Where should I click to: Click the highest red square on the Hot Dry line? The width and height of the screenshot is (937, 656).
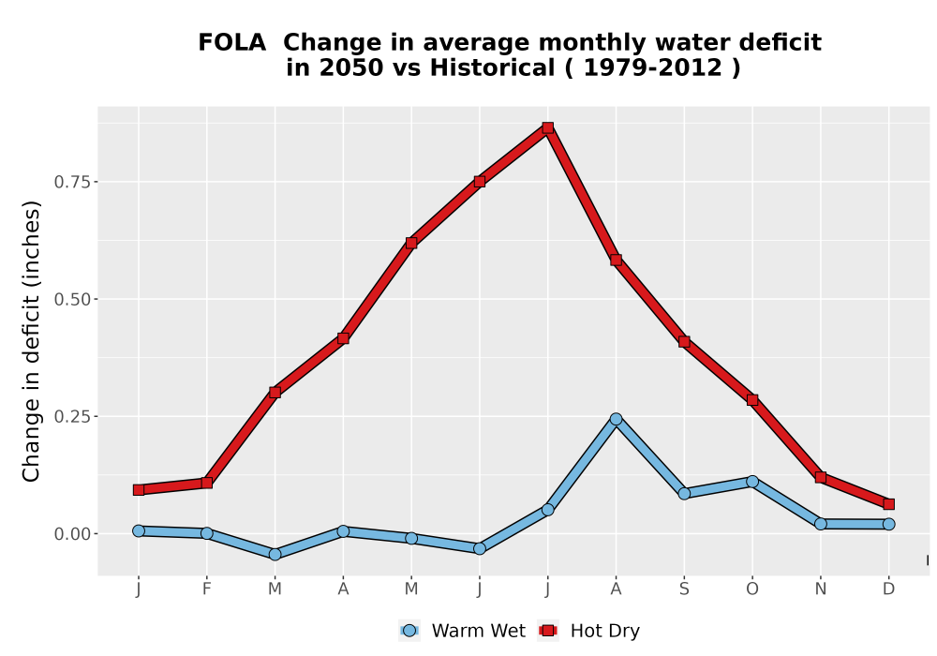(548, 127)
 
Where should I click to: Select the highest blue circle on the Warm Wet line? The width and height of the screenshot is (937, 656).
(617, 420)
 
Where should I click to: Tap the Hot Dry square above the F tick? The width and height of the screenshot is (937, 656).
(207, 483)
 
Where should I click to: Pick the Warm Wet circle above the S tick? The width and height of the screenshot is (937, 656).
(684, 494)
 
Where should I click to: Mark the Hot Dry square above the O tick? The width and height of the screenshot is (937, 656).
(752, 400)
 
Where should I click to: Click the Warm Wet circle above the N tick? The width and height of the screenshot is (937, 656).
(821, 524)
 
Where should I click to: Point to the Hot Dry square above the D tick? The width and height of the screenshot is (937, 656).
(888, 504)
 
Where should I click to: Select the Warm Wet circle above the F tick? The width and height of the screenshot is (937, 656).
(207, 533)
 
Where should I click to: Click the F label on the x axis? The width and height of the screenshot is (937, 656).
(207, 589)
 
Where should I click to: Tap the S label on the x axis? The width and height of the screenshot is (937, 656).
(684, 589)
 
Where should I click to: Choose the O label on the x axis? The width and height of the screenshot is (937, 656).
(752, 589)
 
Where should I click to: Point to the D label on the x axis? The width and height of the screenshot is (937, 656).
(888, 589)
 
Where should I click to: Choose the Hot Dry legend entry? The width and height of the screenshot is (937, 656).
(589, 631)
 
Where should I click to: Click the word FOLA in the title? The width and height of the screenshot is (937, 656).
(231, 43)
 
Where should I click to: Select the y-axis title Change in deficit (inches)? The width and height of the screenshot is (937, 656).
(31, 341)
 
